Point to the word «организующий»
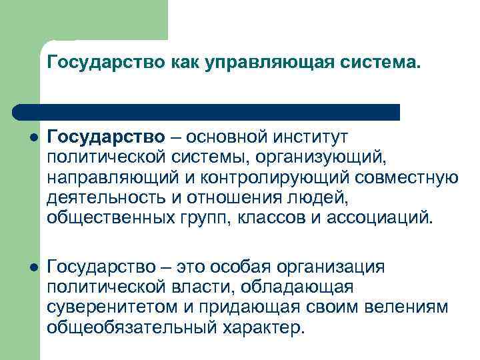tap(324, 157)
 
